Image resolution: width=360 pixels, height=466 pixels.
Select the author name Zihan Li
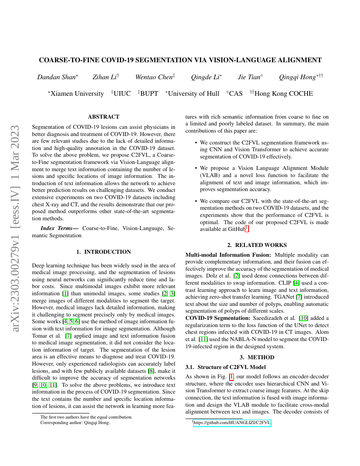tap(105, 77)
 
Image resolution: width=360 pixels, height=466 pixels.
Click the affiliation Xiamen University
tap(77, 94)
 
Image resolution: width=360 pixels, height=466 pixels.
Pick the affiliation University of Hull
tap(193, 94)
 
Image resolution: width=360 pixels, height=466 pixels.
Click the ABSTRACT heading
tap(103, 116)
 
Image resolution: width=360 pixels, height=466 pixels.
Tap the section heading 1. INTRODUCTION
tap(103, 252)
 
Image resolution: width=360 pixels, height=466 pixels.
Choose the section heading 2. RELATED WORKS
tap(257, 245)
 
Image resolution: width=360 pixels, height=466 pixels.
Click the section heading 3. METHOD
tap(257, 357)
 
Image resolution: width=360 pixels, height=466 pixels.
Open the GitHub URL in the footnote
tap(232, 423)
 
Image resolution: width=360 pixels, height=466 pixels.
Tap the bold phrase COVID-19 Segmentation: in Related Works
tap(217, 318)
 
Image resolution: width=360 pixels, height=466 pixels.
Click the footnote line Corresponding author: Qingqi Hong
tap(75, 423)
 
